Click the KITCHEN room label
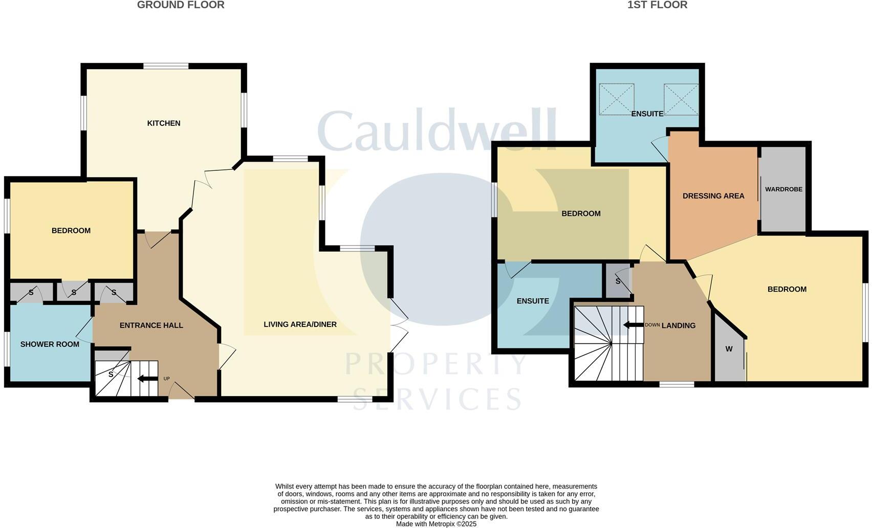tap(164, 123)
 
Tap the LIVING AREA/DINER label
tap(300, 324)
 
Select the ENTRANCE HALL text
tap(151, 325)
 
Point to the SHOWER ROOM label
tap(50, 344)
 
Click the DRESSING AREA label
tap(713, 196)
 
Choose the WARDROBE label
tap(783, 189)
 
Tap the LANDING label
tap(679, 325)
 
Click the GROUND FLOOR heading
tap(181, 5)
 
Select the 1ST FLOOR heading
tap(657, 5)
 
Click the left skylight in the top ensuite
tap(616, 100)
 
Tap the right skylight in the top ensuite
tap(681, 100)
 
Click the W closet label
tap(729, 349)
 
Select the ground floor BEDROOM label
tap(71, 231)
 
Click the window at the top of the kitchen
tap(166, 66)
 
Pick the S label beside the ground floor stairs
tap(111, 375)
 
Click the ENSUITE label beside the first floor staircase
tap(533, 301)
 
